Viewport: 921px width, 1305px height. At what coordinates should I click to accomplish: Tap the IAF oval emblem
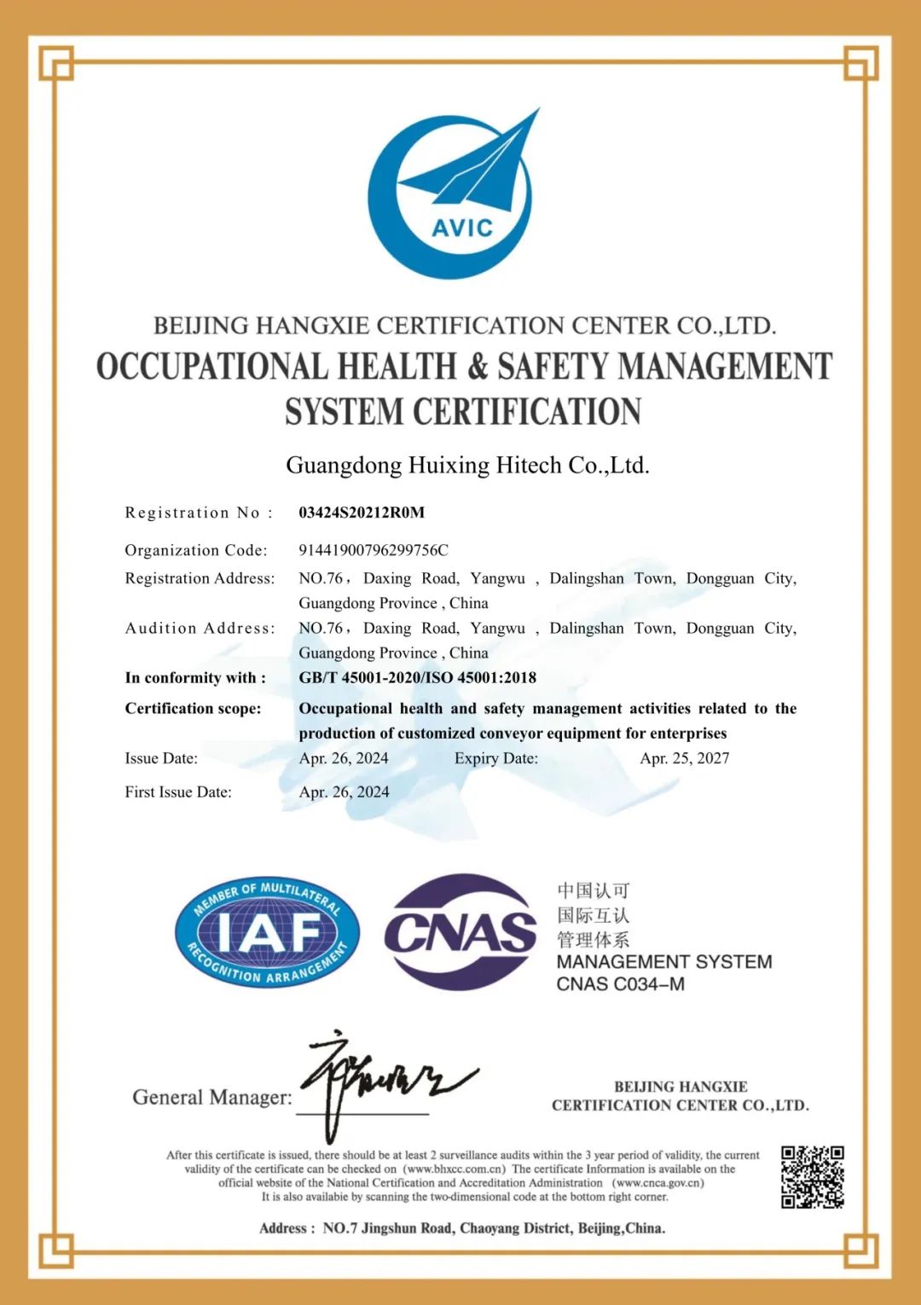(x=267, y=932)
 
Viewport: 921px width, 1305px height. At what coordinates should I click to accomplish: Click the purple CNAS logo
(x=460, y=931)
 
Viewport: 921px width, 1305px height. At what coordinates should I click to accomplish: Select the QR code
(x=813, y=1177)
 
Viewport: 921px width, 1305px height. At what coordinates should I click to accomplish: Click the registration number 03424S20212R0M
(x=362, y=513)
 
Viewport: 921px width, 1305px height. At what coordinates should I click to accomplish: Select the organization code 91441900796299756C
(x=374, y=550)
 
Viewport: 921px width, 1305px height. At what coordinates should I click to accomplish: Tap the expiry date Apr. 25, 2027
(x=685, y=758)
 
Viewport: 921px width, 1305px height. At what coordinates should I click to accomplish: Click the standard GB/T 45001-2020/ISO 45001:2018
(x=418, y=678)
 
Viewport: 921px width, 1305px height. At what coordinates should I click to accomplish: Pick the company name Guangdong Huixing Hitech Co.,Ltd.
(x=467, y=465)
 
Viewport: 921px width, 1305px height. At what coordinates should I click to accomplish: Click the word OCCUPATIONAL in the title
(x=211, y=367)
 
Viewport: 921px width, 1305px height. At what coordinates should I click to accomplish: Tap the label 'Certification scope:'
(x=194, y=709)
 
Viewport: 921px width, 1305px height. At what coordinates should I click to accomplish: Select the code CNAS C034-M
(x=620, y=984)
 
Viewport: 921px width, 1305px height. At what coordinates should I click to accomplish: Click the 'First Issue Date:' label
(x=178, y=792)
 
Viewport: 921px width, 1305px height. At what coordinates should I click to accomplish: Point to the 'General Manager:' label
(x=212, y=1097)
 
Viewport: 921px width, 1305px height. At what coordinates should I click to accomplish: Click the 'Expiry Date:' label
(x=496, y=758)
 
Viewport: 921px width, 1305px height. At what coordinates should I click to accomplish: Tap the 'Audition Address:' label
(x=200, y=629)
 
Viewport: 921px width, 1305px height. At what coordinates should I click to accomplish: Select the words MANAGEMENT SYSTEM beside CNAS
(x=664, y=962)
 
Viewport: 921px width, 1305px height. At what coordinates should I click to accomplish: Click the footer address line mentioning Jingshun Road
(x=462, y=1228)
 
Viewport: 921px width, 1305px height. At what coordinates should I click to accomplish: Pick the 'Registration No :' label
(x=199, y=513)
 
